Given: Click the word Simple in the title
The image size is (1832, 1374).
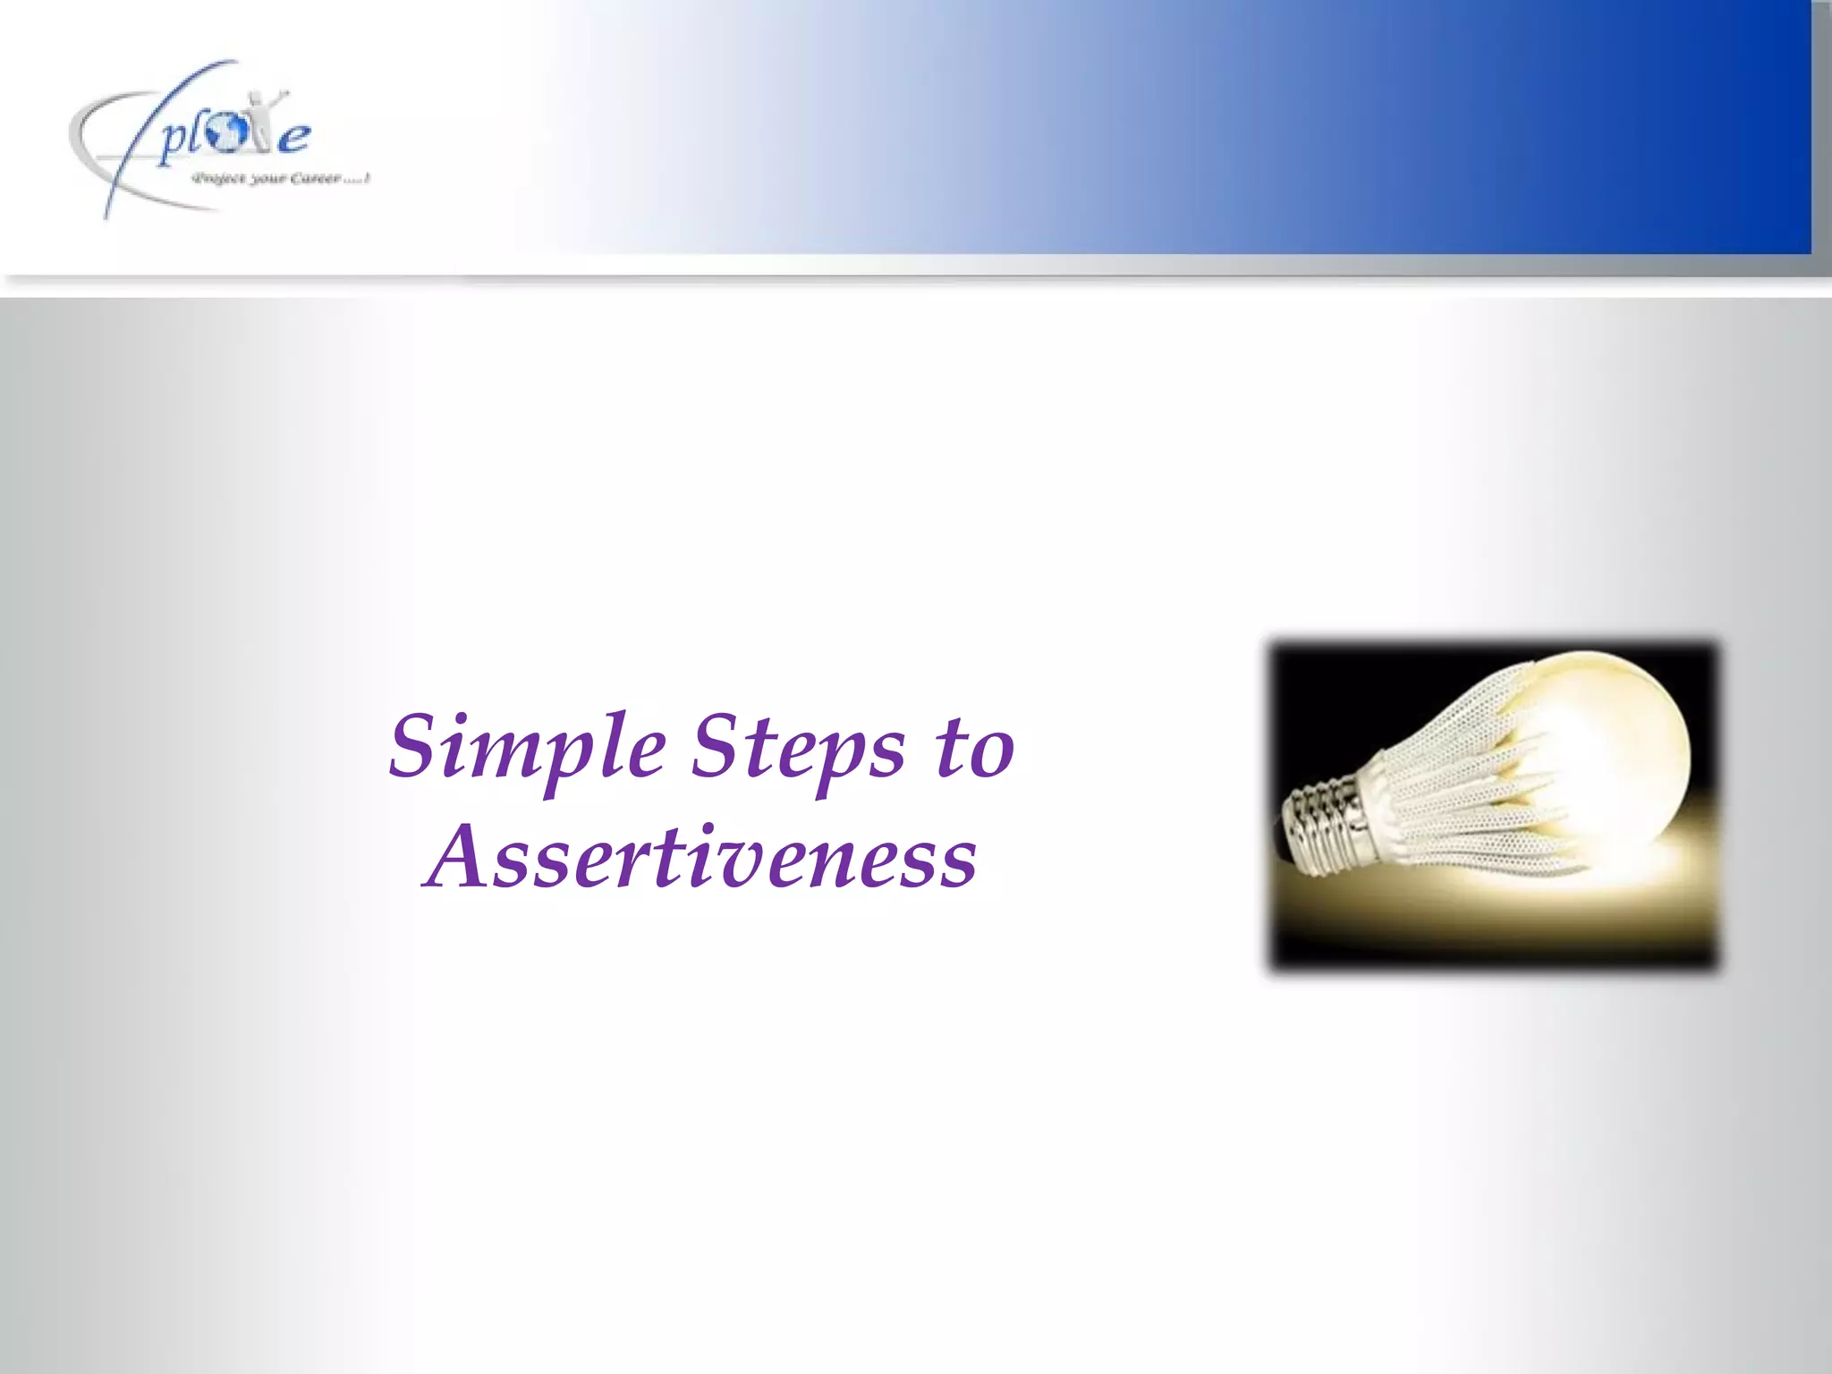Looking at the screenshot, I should click(x=528, y=747).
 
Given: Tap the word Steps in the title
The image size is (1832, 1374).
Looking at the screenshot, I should click(x=799, y=747).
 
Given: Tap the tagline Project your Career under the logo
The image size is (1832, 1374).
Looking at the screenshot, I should click(x=280, y=179).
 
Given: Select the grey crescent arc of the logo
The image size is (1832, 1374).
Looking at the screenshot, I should click(x=89, y=152).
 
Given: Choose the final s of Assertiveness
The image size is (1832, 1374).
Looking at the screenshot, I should click(x=957, y=862).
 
